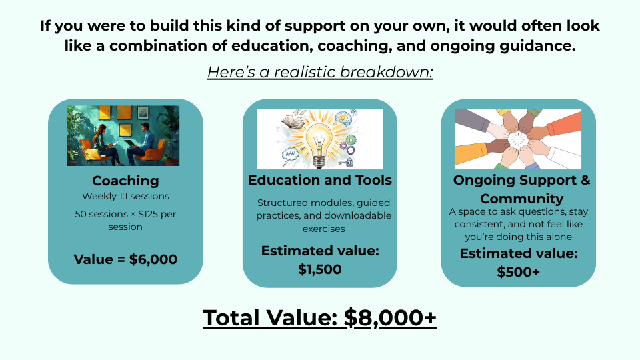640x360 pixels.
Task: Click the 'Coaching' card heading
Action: click(x=125, y=181)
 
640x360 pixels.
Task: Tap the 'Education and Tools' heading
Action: click(x=320, y=180)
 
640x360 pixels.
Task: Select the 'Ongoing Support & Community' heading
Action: click(x=521, y=189)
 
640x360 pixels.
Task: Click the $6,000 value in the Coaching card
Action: click(x=153, y=259)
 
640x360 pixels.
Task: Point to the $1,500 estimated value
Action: click(x=319, y=269)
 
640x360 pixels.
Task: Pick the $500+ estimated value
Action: click(x=519, y=272)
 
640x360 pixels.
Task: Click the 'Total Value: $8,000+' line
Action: click(x=319, y=317)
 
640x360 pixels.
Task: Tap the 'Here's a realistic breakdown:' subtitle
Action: click(x=320, y=72)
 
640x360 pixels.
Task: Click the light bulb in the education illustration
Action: click(x=319, y=144)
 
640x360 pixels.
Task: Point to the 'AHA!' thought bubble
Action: click(x=290, y=154)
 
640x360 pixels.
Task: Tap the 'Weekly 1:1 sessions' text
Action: click(x=125, y=196)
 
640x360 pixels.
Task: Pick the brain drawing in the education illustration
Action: click(x=344, y=118)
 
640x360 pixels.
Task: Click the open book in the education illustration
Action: click(x=293, y=120)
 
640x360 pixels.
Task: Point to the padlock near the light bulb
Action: click(x=348, y=163)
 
